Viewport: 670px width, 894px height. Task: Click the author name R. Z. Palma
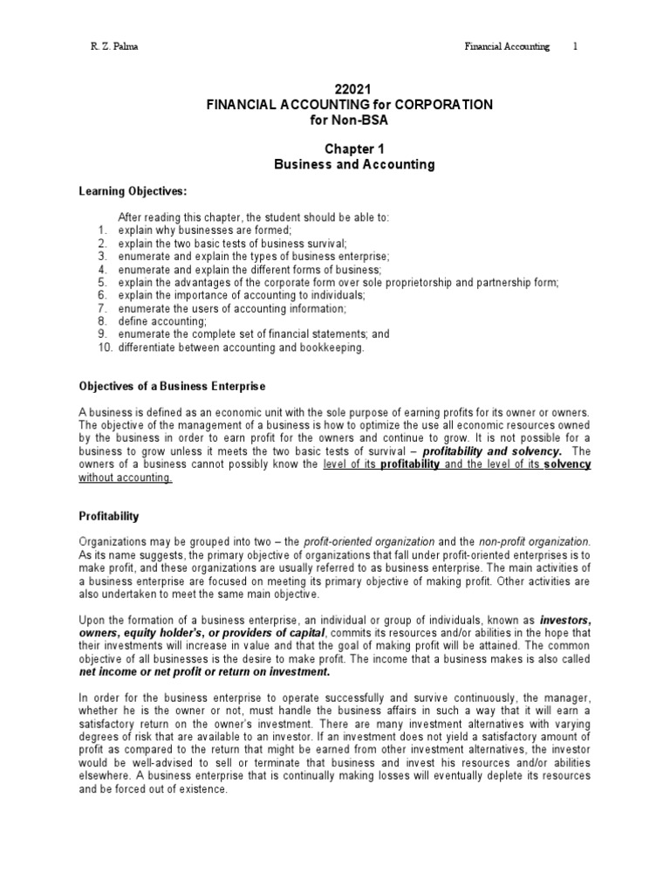tap(108, 46)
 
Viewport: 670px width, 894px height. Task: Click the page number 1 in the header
tap(575, 46)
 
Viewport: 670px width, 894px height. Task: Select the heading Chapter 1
tap(349, 149)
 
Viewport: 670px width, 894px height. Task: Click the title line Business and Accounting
tap(349, 164)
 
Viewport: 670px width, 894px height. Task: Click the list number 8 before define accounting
tap(102, 321)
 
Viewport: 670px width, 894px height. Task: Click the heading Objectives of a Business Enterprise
tap(172, 385)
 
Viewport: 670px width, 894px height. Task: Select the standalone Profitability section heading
tap(109, 517)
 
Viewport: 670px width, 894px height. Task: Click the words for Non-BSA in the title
tap(349, 120)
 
